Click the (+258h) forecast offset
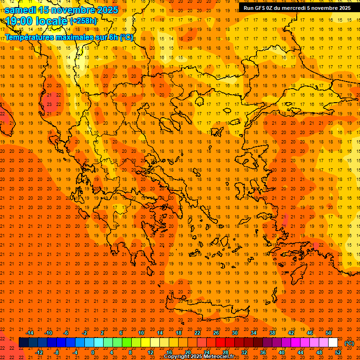click(x=83, y=21)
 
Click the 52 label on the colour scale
click(x=338, y=352)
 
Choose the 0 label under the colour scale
click(x=93, y=352)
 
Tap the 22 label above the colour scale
click(x=197, y=333)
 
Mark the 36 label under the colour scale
click(x=263, y=352)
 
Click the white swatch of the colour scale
click(x=333, y=343)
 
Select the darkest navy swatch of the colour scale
click(x=23, y=343)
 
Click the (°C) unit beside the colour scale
click(x=349, y=343)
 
